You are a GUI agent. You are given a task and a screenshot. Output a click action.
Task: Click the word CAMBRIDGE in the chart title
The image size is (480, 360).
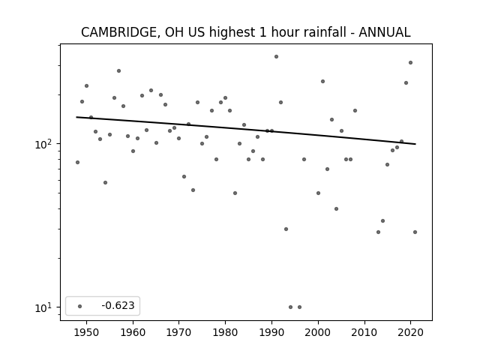click(x=120, y=33)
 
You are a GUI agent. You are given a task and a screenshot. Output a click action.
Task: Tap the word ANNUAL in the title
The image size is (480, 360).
click(x=385, y=32)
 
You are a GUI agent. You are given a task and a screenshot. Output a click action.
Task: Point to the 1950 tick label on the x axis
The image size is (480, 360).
click(x=87, y=332)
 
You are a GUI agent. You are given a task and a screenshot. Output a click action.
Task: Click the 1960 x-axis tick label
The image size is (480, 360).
click(x=133, y=332)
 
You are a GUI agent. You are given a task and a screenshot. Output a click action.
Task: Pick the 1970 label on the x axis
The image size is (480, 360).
click(x=179, y=332)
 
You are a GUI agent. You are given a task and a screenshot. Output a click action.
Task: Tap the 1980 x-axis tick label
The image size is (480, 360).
click(x=225, y=332)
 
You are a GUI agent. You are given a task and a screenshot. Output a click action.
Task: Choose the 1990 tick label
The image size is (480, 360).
click(x=271, y=332)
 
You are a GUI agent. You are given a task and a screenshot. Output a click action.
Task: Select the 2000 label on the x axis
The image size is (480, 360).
click(x=318, y=332)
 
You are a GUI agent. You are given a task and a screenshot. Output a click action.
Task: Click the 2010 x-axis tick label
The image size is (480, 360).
click(x=364, y=332)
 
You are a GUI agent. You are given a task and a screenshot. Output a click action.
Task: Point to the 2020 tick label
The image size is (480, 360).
click(x=411, y=332)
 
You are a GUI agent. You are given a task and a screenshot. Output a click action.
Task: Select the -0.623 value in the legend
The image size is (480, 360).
click(x=118, y=305)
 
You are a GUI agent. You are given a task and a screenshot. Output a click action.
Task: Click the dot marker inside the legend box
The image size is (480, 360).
click(x=80, y=306)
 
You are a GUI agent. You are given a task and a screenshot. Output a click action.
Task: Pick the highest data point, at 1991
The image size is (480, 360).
click(x=277, y=57)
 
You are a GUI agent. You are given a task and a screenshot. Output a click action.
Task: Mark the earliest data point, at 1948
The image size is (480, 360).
click(x=77, y=162)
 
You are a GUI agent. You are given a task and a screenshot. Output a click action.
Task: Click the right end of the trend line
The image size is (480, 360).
click(x=415, y=144)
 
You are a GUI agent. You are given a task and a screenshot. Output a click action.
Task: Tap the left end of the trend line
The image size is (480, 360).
click(x=76, y=117)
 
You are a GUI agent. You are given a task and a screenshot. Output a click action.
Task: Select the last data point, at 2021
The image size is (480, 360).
click(x=415, y=232)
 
